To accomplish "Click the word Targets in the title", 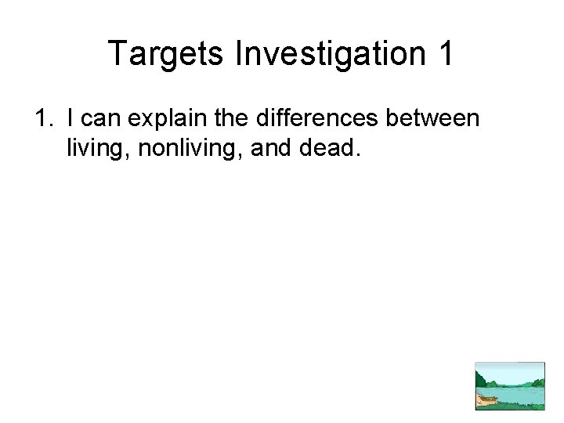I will [158, 54].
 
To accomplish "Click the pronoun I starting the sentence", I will [71, 120].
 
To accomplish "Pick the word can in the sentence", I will [99, 120].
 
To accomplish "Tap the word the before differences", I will [227, 120].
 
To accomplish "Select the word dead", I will [327, 148].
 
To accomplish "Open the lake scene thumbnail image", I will [510, 385].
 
